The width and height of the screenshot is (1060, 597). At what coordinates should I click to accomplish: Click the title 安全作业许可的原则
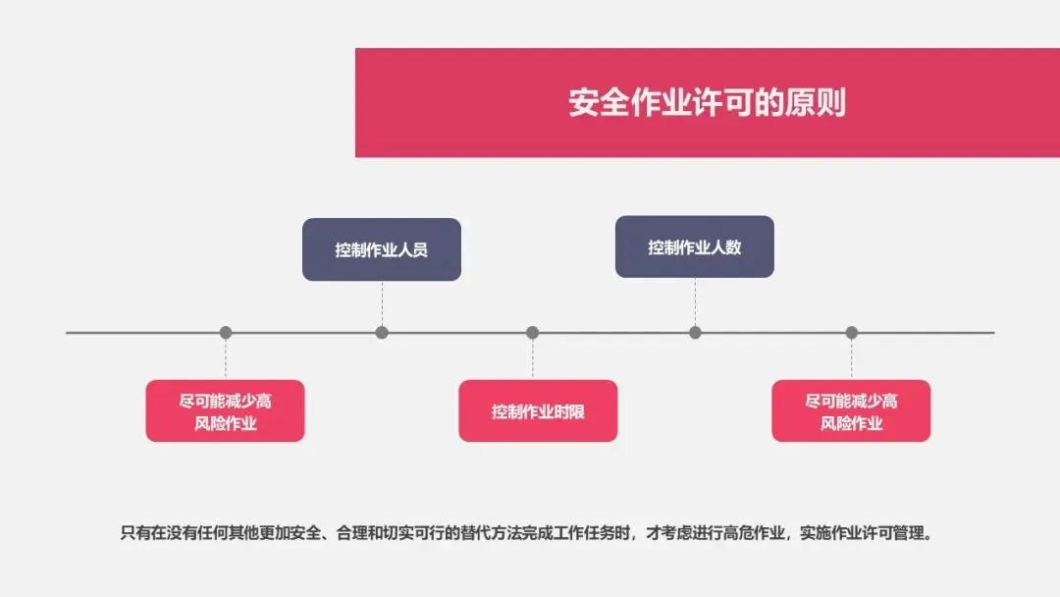coord(707,103)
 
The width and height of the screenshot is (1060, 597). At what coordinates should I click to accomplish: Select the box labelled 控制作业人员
coord(381,249)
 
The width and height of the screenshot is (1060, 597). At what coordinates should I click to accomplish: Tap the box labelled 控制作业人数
coord(694,247)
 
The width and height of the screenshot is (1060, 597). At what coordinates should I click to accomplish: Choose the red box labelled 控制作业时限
coord(538,411)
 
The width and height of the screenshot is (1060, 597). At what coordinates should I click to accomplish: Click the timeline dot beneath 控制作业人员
coord(382,333)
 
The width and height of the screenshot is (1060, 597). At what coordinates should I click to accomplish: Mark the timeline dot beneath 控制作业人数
coord(695,333)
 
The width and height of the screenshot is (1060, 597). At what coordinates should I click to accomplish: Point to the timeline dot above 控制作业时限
coord(532,333)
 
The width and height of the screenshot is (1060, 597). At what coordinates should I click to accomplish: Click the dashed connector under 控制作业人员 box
coord(382,302)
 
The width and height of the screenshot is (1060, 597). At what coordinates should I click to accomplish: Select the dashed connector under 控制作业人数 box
coord(695,300)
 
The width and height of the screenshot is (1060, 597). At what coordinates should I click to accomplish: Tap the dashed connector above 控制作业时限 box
coord(532,359)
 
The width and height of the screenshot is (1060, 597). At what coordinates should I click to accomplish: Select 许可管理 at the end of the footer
coord(896,534)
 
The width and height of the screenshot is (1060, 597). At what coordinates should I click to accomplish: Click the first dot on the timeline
coord(226,333)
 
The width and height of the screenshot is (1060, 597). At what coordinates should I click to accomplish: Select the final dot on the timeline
coord(851,333)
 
